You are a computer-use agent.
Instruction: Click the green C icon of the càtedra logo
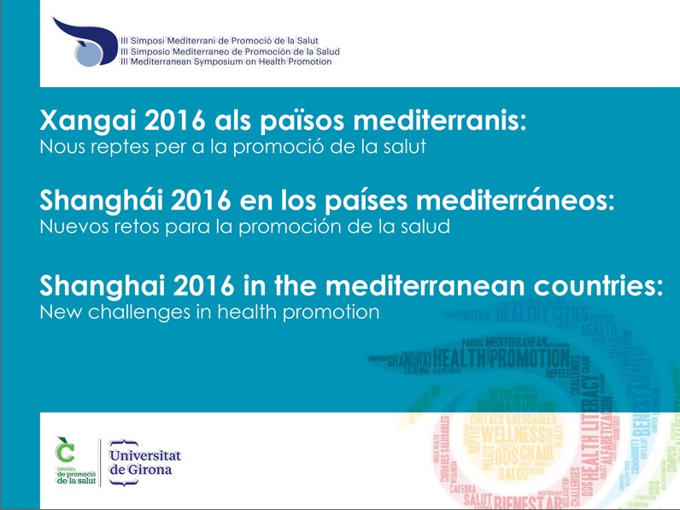(65, 447)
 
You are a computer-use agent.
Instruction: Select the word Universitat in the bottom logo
(145, 455)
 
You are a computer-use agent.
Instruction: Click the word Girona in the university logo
(151, 470)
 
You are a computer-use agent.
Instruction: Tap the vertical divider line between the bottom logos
(100, 462)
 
